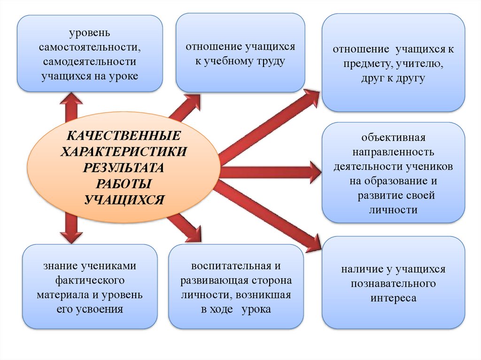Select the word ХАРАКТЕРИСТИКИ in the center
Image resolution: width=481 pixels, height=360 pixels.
click(124, 152)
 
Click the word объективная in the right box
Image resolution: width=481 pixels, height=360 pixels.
click(393, 138)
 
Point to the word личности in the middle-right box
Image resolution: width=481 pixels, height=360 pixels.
click(393, 210)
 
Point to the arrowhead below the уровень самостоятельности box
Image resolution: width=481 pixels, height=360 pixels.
click(71, 98)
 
